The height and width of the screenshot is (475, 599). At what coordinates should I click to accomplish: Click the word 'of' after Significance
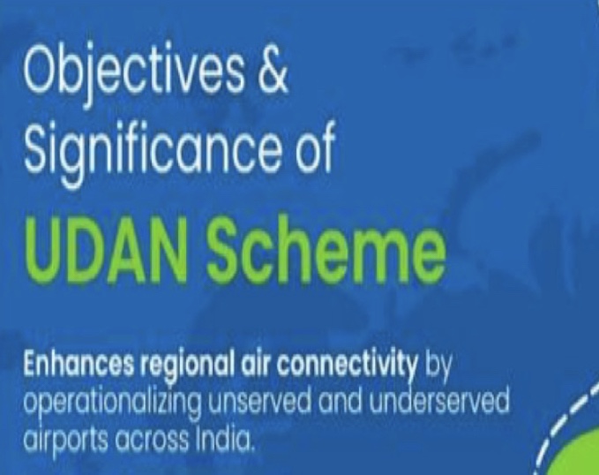314,147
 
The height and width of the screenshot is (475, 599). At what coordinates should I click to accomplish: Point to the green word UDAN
106,250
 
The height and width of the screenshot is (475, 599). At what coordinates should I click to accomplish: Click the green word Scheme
326,250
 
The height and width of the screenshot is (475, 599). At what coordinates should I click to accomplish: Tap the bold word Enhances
79,364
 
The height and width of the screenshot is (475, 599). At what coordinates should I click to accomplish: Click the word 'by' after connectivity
438,366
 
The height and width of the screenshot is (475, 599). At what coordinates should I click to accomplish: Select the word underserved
439,401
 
